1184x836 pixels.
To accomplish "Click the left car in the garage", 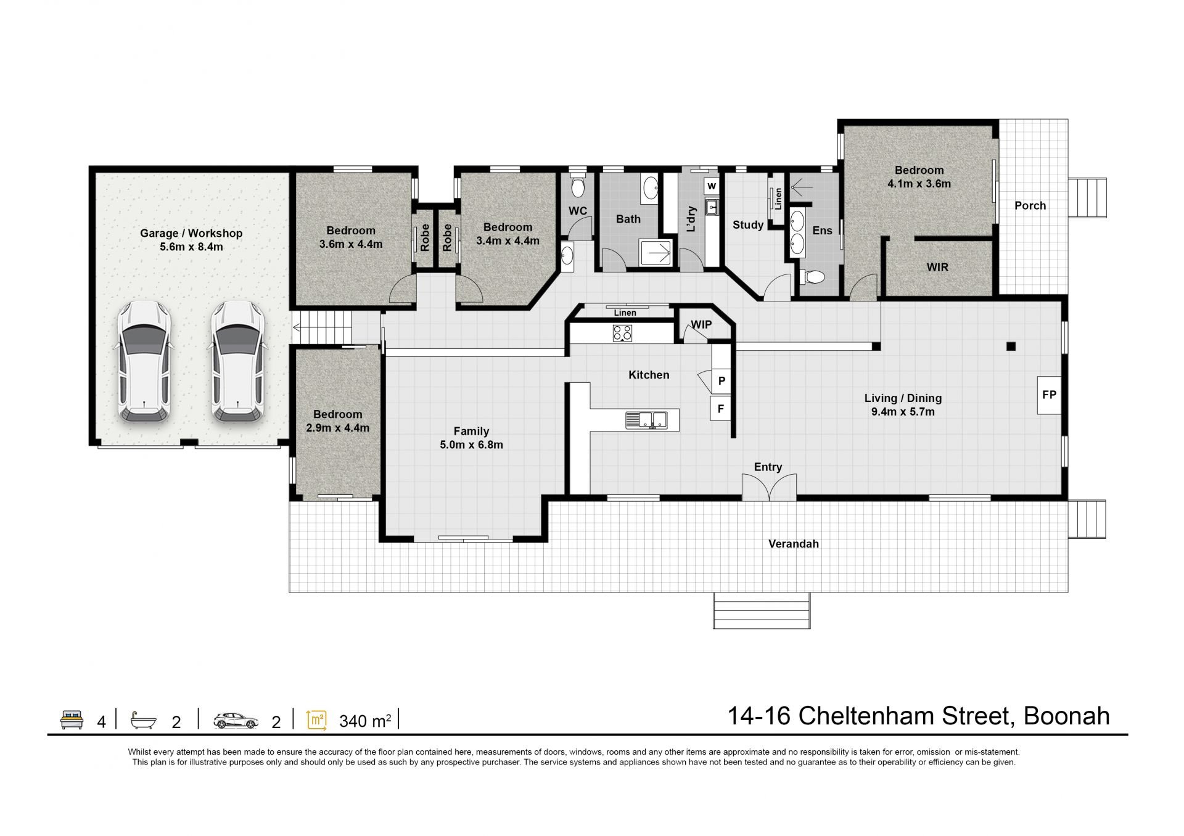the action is pos(144,361).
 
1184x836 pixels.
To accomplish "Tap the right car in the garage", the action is pos(238,361).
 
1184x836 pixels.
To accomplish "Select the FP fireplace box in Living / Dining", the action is pos(1049,395).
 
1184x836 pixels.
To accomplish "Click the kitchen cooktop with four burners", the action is pos(622,334).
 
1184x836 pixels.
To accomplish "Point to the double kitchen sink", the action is pos(646,420).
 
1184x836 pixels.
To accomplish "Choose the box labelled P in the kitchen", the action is pos(721,381).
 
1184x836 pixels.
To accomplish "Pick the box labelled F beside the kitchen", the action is pos(721,408).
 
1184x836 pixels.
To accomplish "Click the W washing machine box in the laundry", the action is pos(712,186).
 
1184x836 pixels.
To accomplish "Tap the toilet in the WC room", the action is pos(578,186).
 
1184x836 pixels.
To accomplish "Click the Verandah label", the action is pos(793,544).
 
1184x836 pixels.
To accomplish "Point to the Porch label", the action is pos(1030,206).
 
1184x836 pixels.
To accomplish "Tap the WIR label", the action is pos(937,268).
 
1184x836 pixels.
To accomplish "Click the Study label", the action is pos(748,225).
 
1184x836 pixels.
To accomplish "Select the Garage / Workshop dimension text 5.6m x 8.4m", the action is pos(191,247).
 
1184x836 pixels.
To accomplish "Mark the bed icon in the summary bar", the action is pos(72,720).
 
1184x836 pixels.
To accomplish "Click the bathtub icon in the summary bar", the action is pos(143,720).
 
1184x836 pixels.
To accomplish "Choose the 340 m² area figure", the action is pos(365,721).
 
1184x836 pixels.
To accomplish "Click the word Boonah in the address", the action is pos(1067,716).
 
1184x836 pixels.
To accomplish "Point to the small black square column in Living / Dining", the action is pos(1011,346).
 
